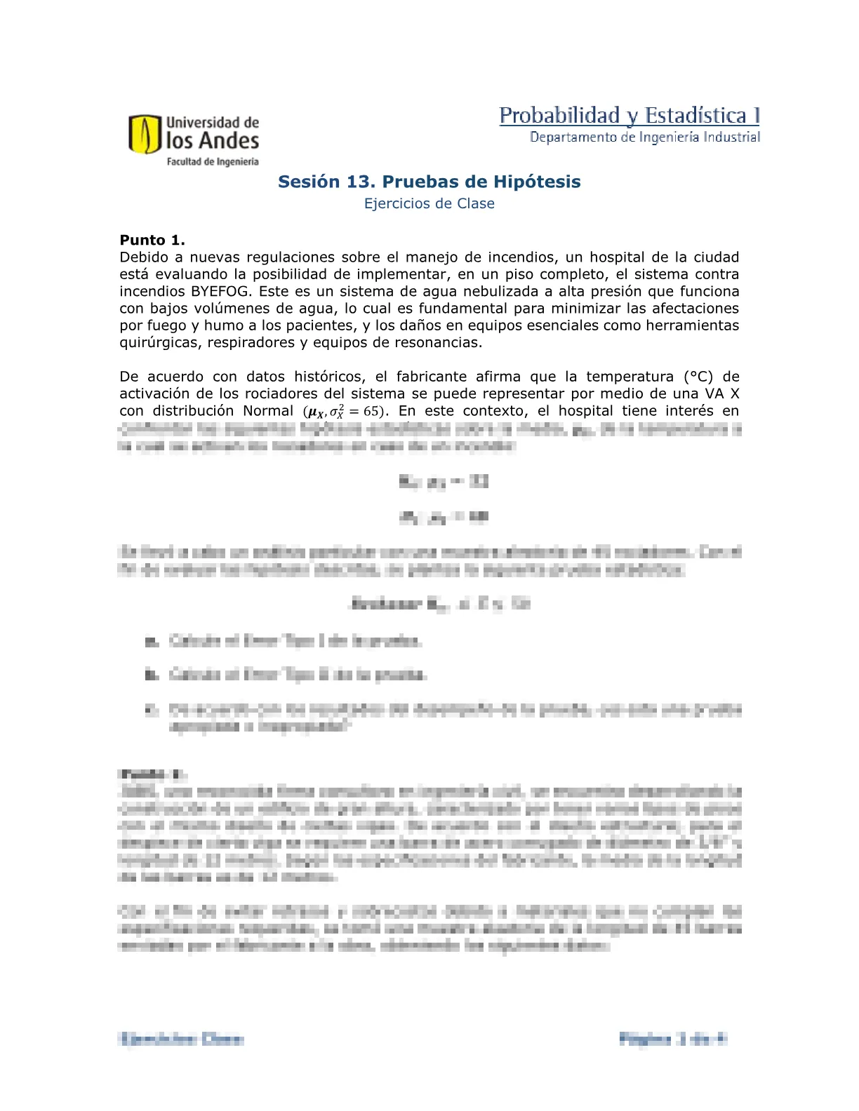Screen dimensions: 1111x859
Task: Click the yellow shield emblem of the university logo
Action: (145, 135)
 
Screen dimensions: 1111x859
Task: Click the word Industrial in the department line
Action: (732, 137)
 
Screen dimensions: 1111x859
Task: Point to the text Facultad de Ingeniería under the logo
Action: (212, 162)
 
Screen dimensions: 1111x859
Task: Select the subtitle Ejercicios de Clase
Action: (429, 203)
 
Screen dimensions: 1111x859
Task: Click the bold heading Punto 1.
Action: (152, 240)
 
